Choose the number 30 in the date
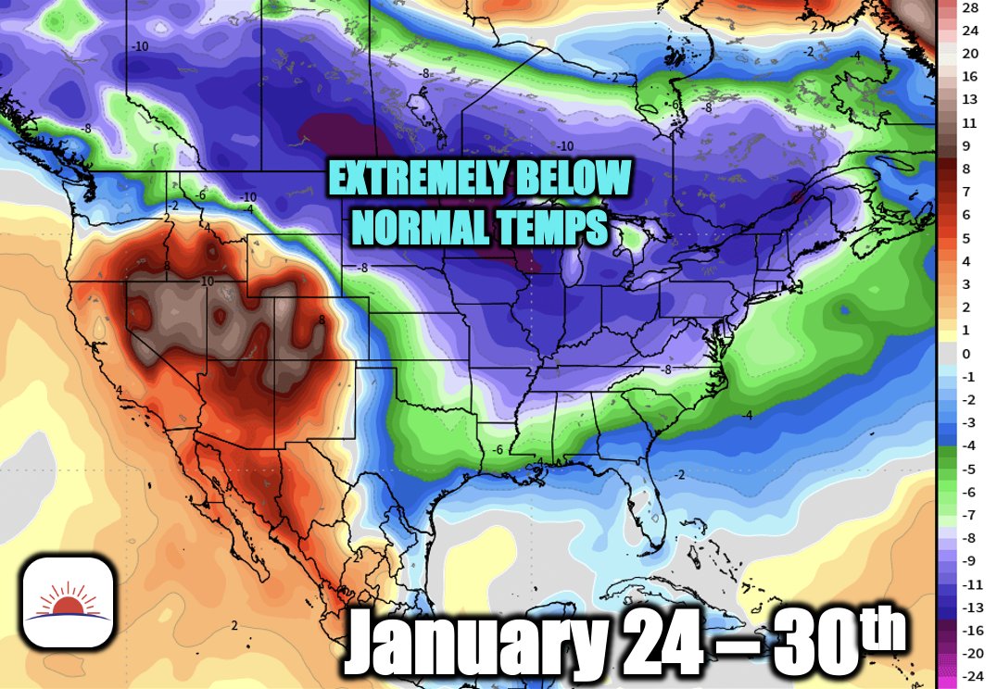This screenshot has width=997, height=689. (x=808, y=642)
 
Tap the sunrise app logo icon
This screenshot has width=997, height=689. (x=68, y=602)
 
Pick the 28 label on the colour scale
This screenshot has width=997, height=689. (x=970, y=7)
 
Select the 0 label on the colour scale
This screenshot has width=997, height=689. (x=966, y=354)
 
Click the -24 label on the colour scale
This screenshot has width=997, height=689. (x=970, y=678)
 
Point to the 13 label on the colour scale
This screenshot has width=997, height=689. (x=970, y=100)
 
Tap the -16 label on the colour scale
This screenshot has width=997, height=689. (x=970, y=632)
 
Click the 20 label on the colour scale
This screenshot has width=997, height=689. (x=970, y=54)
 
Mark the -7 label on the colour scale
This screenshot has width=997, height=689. (x=968, y=515)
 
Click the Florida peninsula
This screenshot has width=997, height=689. (x=638, y=505)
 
